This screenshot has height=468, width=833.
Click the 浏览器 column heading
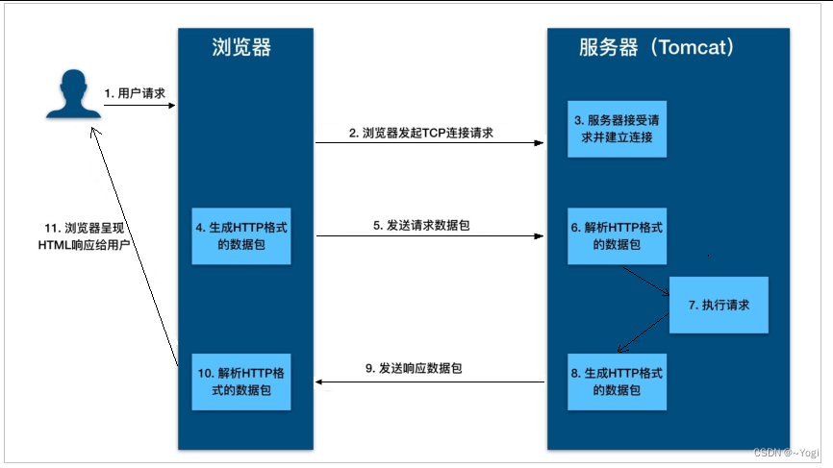point(245,48)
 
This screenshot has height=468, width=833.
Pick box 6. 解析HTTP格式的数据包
point(616,235)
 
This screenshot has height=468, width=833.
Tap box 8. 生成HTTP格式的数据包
point(616,382)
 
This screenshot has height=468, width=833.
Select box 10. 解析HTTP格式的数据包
point(240,382)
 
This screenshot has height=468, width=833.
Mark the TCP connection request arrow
point(430,144)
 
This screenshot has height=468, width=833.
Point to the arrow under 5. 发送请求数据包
point(430,235)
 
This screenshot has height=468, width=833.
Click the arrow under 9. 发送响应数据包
point(430,382)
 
